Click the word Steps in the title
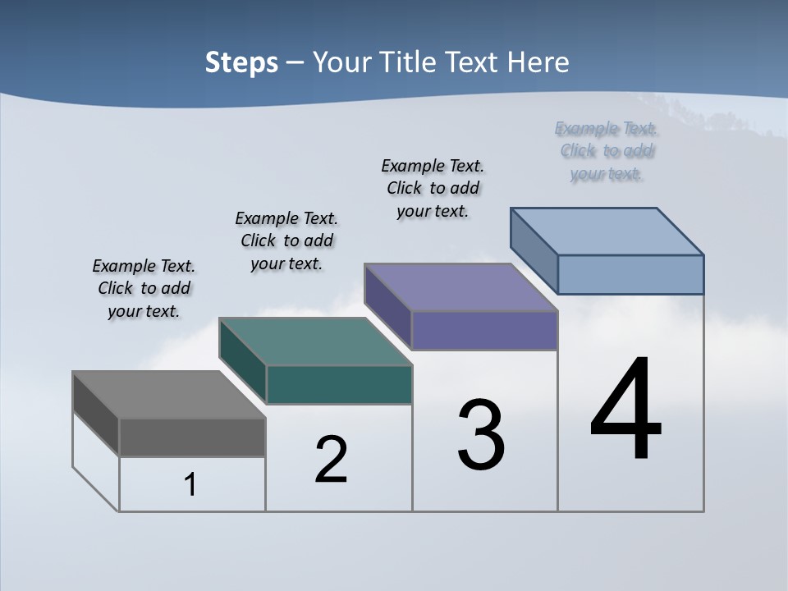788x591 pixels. [x=241, y=62]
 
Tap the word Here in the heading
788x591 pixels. [x=538, y=62]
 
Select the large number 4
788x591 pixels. [x=625, y=410]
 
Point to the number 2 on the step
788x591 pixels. [x=332, y=459]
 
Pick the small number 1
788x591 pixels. [x=190, y=485]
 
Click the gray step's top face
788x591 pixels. [x=168, y=395]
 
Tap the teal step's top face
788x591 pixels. [x=315, y=341]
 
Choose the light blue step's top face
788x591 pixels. [x=607, y=231]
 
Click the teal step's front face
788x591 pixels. [x=339, y=384]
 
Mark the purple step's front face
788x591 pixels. [x=484, y=330]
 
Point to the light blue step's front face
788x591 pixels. [x=630, y=274]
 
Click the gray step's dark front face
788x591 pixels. [x=192, y=437]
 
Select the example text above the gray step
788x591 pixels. [x=144, y=288]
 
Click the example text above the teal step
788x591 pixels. [x=286, y=241]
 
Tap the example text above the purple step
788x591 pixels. [x=433, y=188]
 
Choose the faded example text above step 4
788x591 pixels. [x=607, y=151]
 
